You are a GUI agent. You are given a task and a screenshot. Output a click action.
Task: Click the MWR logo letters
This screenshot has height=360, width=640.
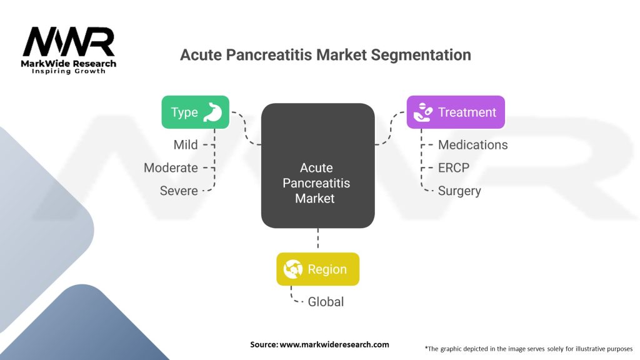[x=69, y=42]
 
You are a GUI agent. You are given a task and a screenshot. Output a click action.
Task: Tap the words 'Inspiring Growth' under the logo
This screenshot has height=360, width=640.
[x=69, y=71]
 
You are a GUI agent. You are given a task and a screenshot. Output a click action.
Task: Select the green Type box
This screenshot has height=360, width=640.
[x=195, y=112]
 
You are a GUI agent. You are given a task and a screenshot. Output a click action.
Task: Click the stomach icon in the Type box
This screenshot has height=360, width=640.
[x=212, y=112]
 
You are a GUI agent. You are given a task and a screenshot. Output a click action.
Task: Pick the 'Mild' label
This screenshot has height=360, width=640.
[x=186, y=145]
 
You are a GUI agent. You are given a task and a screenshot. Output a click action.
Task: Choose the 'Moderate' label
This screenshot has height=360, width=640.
[x=171, y=167]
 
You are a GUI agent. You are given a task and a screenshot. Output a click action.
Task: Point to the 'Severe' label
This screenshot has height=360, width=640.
[x=179, y=191]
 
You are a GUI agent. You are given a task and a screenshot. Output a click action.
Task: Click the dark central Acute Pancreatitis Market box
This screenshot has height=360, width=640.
[x=317, y=166]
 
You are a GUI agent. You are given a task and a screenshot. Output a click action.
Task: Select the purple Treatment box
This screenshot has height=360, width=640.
[x=455, y=112]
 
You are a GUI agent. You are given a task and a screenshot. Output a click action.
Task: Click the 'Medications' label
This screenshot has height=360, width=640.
[x=472, y=145]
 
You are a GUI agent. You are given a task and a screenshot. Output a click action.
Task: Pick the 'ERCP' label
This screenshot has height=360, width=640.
[x=454, y=168]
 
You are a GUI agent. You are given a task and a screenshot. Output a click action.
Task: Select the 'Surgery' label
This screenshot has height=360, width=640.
[x=459, y=191]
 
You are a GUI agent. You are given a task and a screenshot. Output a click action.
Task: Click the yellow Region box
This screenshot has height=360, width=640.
[x=317, y=269]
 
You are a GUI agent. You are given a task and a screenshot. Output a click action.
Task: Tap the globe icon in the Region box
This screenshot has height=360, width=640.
[x=293, y=269]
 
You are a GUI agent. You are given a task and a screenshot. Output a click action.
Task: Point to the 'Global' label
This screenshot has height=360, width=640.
[x=326, y=302]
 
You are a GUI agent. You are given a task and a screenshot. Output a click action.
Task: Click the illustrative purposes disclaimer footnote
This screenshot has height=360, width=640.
[x=528, y=348]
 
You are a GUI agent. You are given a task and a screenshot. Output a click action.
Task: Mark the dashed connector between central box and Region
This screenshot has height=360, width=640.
[x=317, y=240]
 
